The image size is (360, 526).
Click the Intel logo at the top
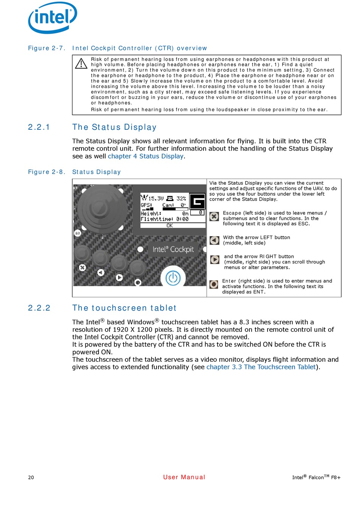[53, 17]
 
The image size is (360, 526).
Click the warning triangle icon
[81, 63]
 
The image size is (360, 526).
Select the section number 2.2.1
[39, 127]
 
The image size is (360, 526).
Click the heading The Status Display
[114, 127]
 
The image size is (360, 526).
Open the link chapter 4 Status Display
[146, 156]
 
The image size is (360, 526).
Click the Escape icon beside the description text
[214, 217]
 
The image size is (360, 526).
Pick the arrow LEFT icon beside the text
[214, 240]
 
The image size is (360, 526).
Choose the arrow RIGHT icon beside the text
[215, 260]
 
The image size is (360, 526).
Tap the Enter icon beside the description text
[214, 284]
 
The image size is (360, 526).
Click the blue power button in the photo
[173, 278]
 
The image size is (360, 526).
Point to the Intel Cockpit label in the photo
[173, 249]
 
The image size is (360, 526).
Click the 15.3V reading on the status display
[156, 198]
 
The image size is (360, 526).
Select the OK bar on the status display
[169, 225]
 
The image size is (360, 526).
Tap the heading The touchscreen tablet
[124, 308]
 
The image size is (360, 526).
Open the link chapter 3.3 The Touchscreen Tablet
[261, 367]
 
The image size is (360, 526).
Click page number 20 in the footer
[31, 477]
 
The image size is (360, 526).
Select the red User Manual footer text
[184, 477]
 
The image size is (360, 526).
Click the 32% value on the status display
[181, 198]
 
